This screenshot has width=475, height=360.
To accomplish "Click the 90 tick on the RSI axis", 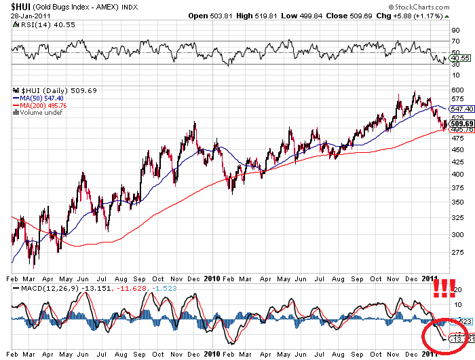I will tap(453, 31).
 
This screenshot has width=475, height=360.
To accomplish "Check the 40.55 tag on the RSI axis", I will tap(460, 58).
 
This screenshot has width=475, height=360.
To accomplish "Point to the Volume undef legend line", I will tap(40, 113).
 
